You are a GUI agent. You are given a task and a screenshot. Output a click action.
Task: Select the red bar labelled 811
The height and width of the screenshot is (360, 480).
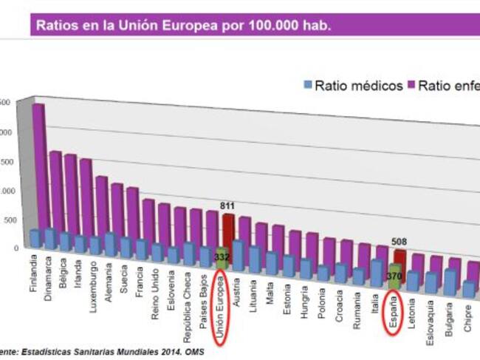coord(228,233)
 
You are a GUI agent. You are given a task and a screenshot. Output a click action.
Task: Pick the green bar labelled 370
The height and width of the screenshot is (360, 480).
coord(395,278)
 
